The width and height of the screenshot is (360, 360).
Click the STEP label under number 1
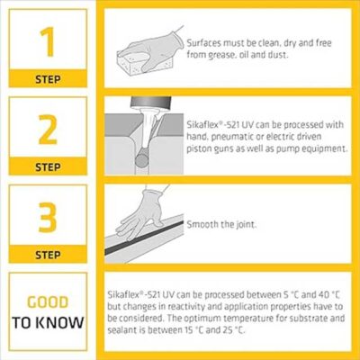[49, 78]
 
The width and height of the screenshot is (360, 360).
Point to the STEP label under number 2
[49, 166]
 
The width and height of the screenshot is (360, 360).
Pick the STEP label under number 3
[49, 255]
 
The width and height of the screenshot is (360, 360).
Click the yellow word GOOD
[49, 302]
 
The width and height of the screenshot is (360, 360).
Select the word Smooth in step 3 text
[202, 225]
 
